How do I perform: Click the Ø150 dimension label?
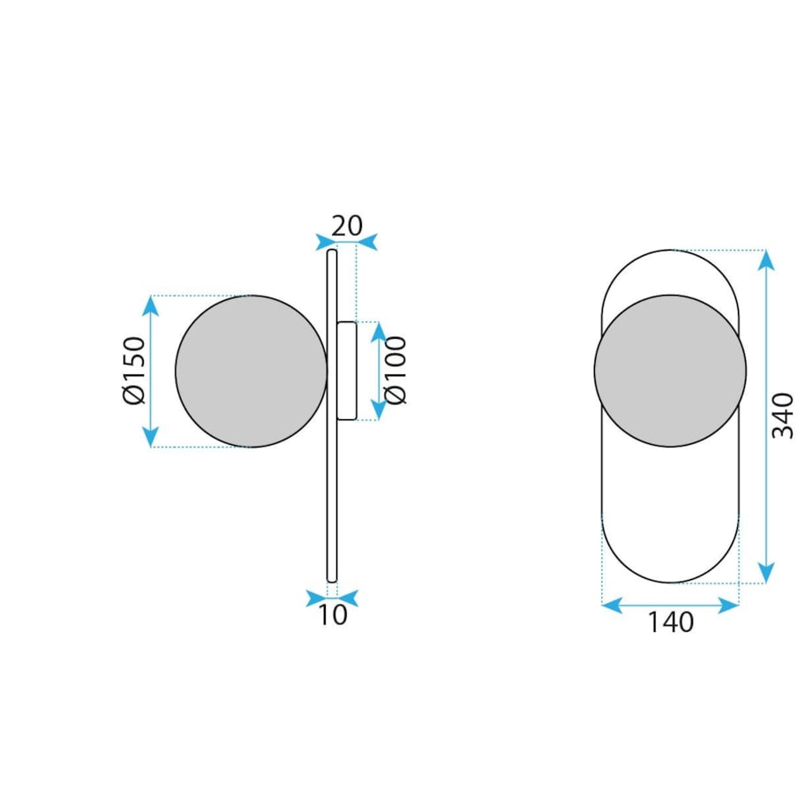[134, 371]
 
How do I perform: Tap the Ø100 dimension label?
[396, 371]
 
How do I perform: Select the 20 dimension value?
[347, 226]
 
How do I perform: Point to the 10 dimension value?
[332, 614]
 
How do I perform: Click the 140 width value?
[671, 622]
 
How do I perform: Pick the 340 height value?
[783, 416]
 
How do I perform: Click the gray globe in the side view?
[252, 371]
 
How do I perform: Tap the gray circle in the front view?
[670, 371]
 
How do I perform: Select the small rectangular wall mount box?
[347, 371]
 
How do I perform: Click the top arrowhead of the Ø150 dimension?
[151, 305]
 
